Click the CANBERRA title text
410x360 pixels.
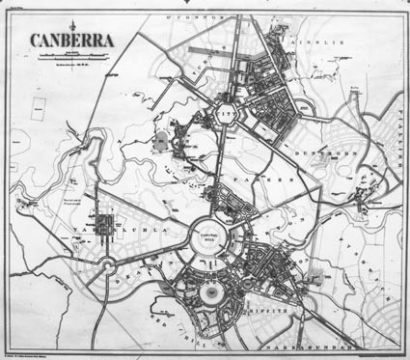pos(72,42)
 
